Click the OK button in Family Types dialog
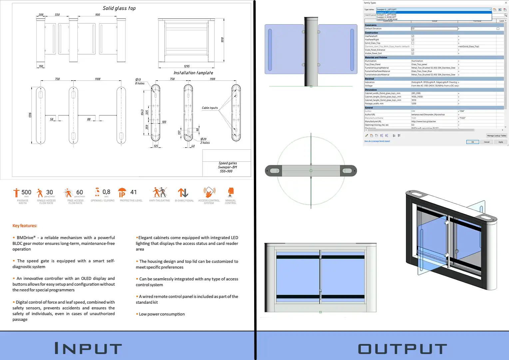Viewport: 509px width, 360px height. pyautogui.click(x=472, y=142)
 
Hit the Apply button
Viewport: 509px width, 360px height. pyautogui.click(x=501, y=142)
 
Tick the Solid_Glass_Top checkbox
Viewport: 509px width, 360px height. pyautogui.click(x=413, y=43)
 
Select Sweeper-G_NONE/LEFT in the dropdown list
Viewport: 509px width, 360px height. pyautogui.click(x=386, y=17)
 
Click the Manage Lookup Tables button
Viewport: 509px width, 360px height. pyautogui.click(x=496, y=136)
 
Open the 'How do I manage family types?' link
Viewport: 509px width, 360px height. pyautogui.click(x=377, y=141)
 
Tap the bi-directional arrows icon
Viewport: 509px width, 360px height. pyautogui.click(x=183, y=193)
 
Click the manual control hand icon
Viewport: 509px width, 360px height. pyautogui.click(x=231, y=192)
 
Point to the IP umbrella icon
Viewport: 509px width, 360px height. pyautogui.click(x=122, y=192)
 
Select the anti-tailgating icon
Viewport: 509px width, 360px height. pyautogui.click(x=160, y=192)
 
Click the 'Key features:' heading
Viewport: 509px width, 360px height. pyautogui.click(x=25, y=226)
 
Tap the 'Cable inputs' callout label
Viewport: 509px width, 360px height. pyautogui.click(x=210, y=108)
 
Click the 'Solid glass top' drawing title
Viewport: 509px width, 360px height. pyautogui.click(x=119, y=8)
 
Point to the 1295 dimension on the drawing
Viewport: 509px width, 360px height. pyautogui.click(x=187, y=66)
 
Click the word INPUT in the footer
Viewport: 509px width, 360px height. pyautogui.click(x=88, y=349)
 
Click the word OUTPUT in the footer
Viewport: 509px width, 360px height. pyautogui.click(x=402, y=349)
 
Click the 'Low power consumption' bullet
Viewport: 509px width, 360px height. pyautogui.click(x=162, y=314)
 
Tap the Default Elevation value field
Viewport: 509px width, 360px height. pyautogui.click(x=434, y=29)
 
